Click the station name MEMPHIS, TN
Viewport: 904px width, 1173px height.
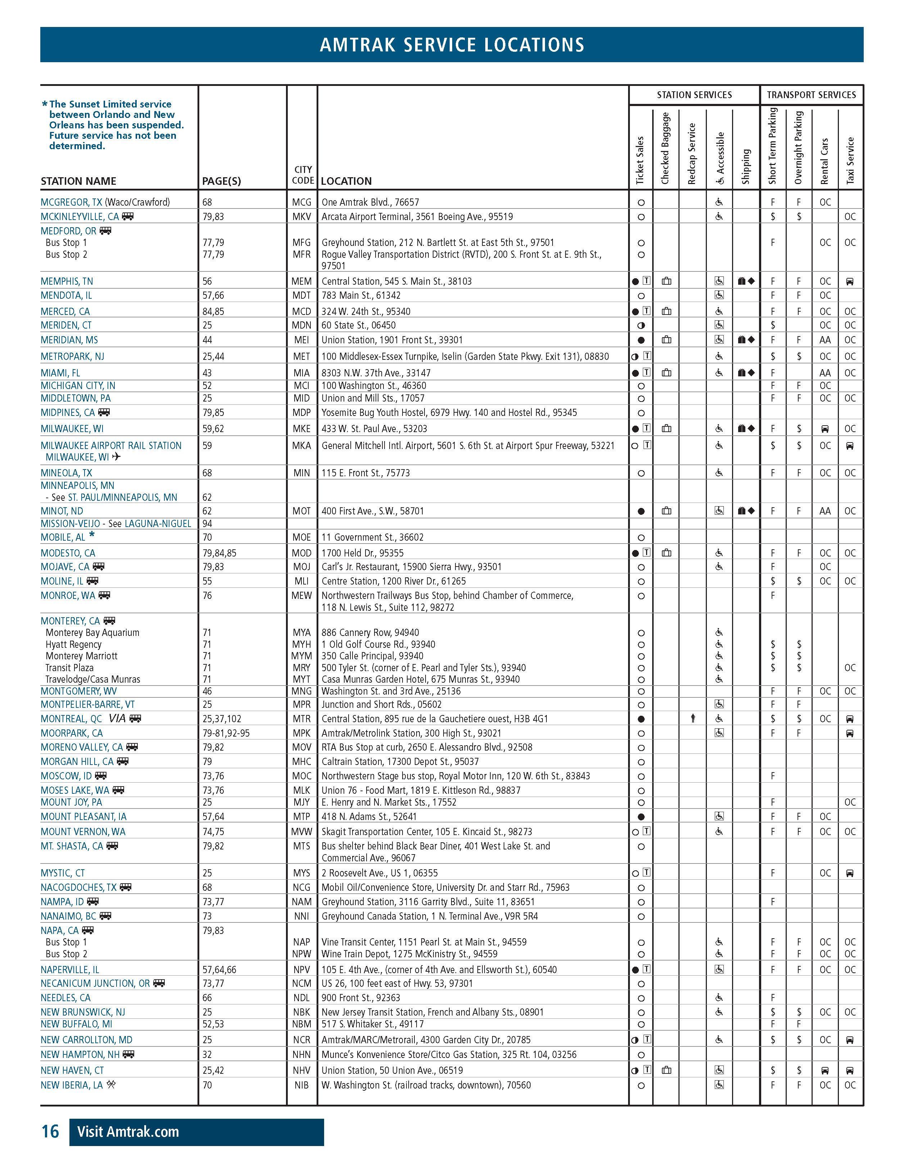67,281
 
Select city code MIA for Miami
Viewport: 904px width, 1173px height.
301,373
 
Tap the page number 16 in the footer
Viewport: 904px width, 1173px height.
50,1132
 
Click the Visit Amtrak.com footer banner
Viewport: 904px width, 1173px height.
196,1132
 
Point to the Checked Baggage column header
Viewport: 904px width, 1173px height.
665,148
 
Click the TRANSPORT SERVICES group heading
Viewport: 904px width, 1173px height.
811,95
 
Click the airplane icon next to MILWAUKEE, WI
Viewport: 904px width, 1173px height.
117,457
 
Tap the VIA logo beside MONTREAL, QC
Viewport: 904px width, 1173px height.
118,719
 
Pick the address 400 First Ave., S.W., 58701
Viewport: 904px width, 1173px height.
372,511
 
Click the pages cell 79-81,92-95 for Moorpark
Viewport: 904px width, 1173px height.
226,733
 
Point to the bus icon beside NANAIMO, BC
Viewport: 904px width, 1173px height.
105,916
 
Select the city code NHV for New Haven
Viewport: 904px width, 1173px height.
301,1071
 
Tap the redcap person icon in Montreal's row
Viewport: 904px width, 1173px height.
693,719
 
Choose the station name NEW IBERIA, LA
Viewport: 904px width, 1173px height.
72,1085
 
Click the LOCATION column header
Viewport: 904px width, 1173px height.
346,181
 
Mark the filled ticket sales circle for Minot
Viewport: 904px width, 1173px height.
641,511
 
